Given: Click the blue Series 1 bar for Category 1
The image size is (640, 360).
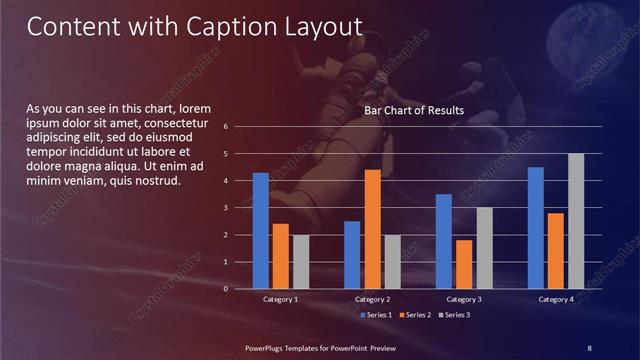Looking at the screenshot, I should [x=261, y=231].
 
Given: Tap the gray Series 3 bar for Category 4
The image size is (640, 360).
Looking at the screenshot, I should [x=575, y=221].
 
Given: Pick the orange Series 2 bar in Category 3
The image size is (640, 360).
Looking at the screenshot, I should [x=464, y=264].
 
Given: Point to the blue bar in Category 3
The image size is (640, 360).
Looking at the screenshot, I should [x=444, y=241].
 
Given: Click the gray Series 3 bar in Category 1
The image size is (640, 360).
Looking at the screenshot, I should [x=301, y=262].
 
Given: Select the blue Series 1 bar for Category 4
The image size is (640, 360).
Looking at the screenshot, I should [x=536, y=228].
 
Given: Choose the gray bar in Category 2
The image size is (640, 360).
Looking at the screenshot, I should [x=392, y=262].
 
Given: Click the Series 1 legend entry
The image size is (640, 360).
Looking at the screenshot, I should [x=376, y=315].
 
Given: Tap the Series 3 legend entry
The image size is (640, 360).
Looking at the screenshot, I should [x=452, y=315].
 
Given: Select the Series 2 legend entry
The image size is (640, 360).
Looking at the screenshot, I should [x=414, y=315].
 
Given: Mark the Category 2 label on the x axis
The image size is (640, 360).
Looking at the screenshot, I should [x=372, y=299].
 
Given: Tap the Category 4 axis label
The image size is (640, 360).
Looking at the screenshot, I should [x=556, y=299].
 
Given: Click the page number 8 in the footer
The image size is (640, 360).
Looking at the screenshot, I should [x=589, y=347].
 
